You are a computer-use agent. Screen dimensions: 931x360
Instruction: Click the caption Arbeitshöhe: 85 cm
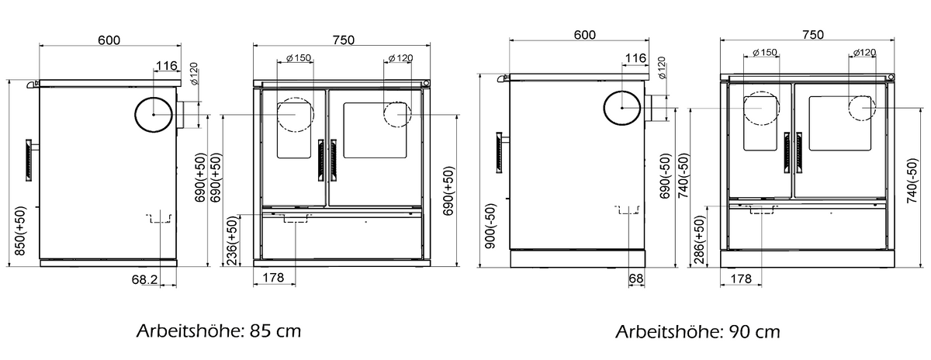tap(219, 331)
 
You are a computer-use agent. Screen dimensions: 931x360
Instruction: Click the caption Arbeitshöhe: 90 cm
tap(697, 332)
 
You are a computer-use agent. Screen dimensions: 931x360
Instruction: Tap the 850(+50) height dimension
tap(20, 230)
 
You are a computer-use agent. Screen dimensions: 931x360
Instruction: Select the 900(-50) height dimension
tap(490, 226)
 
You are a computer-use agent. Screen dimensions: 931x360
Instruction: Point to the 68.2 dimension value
tap(144, 280)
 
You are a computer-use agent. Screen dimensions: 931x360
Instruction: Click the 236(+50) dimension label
tap(233, 241)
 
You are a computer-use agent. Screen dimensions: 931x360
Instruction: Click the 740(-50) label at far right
tap(912, 181)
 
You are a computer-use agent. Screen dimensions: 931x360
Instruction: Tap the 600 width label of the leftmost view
tap(109, 40)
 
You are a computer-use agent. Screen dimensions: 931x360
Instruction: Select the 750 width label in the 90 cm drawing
tap(812, 34)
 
